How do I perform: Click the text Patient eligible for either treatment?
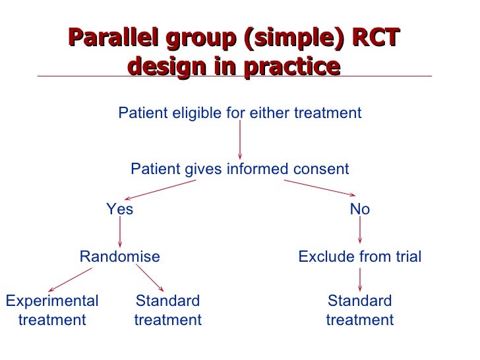click(239, 113)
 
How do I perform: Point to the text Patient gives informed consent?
click(239, 169)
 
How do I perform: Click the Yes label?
click(120, 210)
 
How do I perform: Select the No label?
click(359, 210)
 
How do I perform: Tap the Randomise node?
click(119, 257)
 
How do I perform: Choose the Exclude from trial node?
click(359, 257)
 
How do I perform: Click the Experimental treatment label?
click(51, 311)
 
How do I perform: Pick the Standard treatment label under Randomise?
click(167, 311)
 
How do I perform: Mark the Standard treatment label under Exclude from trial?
click(359, 311)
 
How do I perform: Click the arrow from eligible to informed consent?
click(239, 140)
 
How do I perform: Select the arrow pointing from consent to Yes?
click(162, 190)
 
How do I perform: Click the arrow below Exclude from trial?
click(359, 280)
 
